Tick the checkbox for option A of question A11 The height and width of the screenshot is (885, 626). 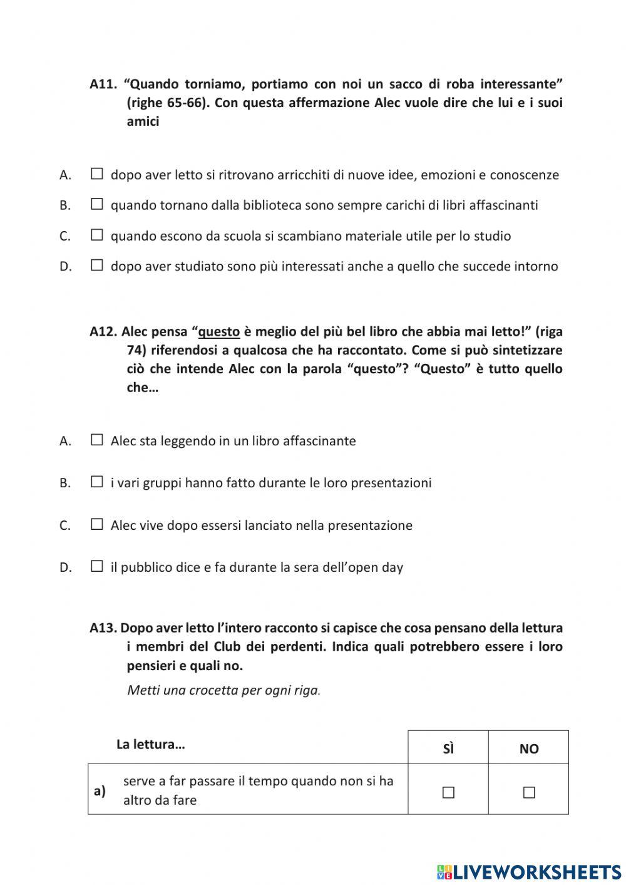click(96, 174)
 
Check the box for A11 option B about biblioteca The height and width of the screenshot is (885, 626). click(96, 204)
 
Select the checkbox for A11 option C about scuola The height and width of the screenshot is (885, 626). click(96, 235)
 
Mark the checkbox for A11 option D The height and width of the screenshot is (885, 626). click(96, 266)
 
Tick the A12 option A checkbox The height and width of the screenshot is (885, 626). click(96, 440)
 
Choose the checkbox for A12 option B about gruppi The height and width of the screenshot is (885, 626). click(96, 482)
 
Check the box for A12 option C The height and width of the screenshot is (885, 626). click(96, 525)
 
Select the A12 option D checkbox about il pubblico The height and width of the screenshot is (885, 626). click(96, 567)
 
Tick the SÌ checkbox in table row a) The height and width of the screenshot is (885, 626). click(448, 792)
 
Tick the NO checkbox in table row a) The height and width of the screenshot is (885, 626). click(529, 792)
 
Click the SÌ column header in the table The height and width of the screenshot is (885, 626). click(448, 748)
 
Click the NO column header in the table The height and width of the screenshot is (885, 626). click(529, 748)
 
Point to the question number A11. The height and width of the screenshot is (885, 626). click(103, 84)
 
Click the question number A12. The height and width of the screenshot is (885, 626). click(103, 331)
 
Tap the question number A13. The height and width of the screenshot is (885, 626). click(103, 628)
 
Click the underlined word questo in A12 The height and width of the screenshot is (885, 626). click(219, 332)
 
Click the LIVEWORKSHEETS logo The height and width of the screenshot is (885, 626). click(529, 871)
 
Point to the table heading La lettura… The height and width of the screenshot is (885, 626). click(150, 744)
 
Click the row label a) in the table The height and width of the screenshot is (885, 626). click(100, 790)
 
